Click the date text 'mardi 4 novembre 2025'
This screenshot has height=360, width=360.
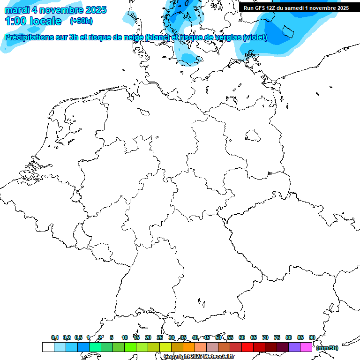point(55,10)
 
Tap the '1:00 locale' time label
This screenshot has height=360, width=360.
point(33,21)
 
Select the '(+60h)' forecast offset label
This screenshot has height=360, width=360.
point(81,21)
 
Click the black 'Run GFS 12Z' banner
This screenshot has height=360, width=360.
point(296,7)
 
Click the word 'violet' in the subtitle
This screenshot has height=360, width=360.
point(255,37)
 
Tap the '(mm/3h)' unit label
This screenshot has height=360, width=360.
point(327,348)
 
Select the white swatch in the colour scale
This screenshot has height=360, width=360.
point(48,347)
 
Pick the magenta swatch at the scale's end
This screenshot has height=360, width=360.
point(306,347)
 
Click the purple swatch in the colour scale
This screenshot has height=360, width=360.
point(294,347)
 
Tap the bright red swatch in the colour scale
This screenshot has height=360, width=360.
point(247,347)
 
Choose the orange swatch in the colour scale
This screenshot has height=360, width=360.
point(189,347)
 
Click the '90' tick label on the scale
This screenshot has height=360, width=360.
point(312,337)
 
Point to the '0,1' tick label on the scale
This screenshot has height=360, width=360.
point(55,337)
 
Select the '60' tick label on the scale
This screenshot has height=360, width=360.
point(242,337)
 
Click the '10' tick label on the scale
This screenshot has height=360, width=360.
point(125,337)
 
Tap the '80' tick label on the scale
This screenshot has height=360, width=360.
point(289,337)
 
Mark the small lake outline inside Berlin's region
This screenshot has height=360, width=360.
point(253,135)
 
